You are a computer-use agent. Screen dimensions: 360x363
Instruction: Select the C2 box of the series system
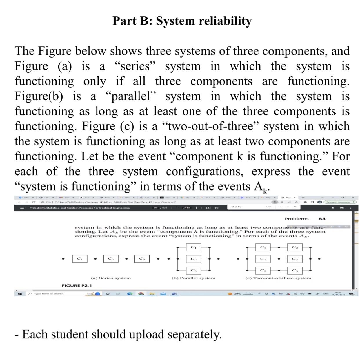(111, 259)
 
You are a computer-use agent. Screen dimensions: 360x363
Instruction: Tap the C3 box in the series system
(142, 259)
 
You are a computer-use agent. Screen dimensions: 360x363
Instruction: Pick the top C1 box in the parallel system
(193, 247)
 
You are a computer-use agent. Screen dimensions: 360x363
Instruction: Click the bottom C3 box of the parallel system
(193, 271)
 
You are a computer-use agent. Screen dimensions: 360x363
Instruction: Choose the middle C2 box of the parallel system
(193, 259)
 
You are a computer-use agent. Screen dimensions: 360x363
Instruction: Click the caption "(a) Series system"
(111, 278)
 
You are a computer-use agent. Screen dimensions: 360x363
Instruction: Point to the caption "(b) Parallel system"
(193, 278)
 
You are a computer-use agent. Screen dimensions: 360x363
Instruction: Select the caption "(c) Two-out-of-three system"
(278, 278)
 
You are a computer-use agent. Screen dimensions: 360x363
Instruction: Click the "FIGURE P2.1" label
(77, 286)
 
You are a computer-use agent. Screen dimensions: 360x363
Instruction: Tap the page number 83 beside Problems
(322, 219)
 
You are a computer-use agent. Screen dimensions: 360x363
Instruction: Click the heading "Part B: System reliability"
(182, 21)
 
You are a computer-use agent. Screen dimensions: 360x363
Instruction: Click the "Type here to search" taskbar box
(49, 294)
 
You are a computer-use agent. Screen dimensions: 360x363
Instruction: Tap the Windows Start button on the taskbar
(20, 294)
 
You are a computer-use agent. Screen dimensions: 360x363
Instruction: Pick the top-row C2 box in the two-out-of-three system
(294, 247)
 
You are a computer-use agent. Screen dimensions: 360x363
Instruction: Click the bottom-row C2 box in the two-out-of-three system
(263, 271)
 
